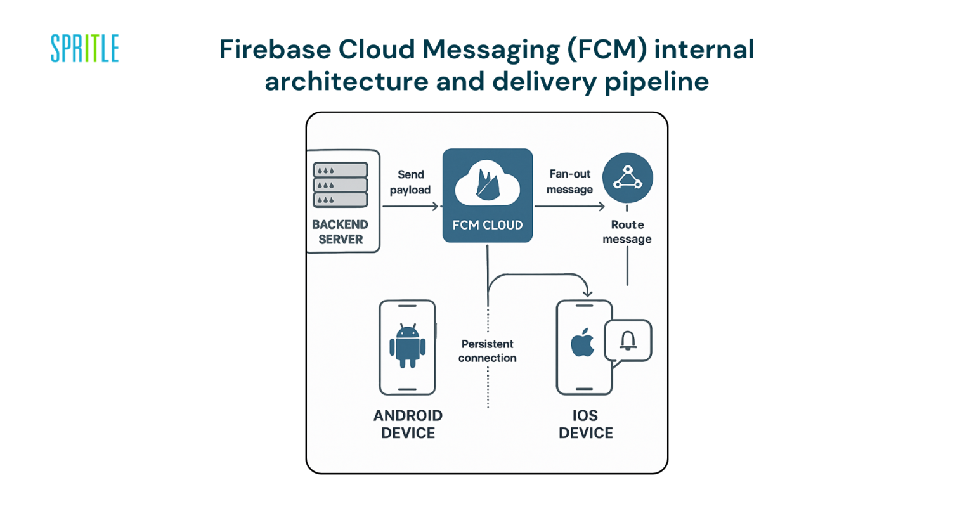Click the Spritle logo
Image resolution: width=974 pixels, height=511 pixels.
[x=84, y=49]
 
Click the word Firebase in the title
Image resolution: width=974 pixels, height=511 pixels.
[x=274, y=49]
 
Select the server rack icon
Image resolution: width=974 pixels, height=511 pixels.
[x=341, y=185]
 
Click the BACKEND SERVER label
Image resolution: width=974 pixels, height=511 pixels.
[x=341, y=232]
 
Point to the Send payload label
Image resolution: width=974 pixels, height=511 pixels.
[x=410, y=182]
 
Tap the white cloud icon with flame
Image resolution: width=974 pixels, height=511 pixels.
[x=487, y=183]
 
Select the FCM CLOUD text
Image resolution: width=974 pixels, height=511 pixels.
[x=487, y=225]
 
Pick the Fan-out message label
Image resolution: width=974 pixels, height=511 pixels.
[x=569, y=181]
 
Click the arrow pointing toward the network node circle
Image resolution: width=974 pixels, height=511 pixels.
[x=570, y=206]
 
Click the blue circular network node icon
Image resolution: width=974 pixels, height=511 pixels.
[x=627, y=178]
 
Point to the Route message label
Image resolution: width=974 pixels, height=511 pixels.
[x=627, y=232]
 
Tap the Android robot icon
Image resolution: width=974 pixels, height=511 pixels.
[x=407, y=346]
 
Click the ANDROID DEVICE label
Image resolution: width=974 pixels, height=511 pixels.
[x=408, y=424]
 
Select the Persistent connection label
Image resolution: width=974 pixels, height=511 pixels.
[x=487, y=351]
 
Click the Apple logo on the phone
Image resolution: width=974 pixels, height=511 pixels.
[x=583, y=343]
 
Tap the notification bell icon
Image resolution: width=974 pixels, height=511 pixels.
[x=628, y=341]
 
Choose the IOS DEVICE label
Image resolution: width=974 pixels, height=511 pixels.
[x=585, y=424]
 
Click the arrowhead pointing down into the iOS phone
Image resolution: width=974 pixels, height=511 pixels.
[x=587, y=292]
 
